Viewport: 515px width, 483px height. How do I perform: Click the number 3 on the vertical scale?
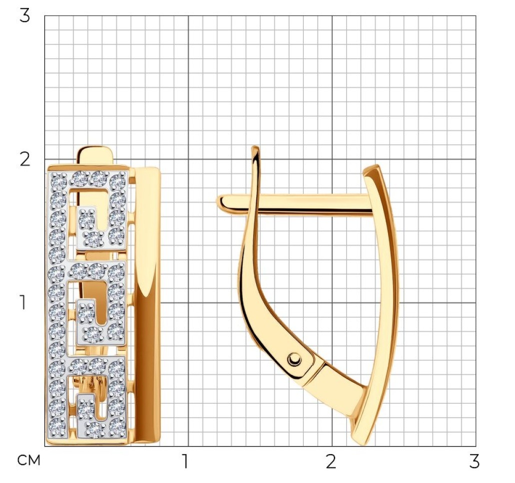pyautogui.click(x=24, y=15)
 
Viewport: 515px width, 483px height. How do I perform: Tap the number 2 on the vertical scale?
pyautogui.click(x=24, y=159)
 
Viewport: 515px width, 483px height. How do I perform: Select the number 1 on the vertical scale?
pyautogui.click(x=23, y=302)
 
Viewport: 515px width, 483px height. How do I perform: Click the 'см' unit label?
pyautogui.click(x=28, y=461)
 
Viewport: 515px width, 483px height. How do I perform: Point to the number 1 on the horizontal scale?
pyautogui.click(x=186, y=461)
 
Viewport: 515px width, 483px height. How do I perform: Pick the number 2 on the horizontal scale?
pyautogui.click(x=331, y=461)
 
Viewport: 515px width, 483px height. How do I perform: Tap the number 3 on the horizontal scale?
pyautogui.click(x=474, y=461)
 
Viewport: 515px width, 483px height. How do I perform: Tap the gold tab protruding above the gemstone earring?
pyautogui.click(x=95, y=156)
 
